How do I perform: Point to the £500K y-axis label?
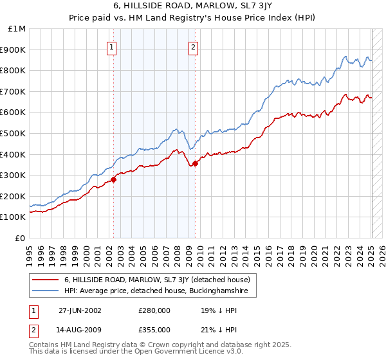(x=14, y=133)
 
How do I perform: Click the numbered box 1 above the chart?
(x=113, y=46)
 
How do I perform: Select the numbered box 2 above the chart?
(x=193, y=46)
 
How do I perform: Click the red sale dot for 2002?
(x=114, y=179)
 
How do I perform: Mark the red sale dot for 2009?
(x=196, y=163)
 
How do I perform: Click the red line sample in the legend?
(x=46, y=280)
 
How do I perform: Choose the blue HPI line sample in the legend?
(x=46, y=291)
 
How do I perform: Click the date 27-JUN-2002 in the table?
(x=80, y=311)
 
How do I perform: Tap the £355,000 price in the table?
(x=154, y=329)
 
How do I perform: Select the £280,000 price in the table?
(x=154, y=311)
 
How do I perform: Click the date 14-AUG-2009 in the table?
(x=80, y=329)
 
